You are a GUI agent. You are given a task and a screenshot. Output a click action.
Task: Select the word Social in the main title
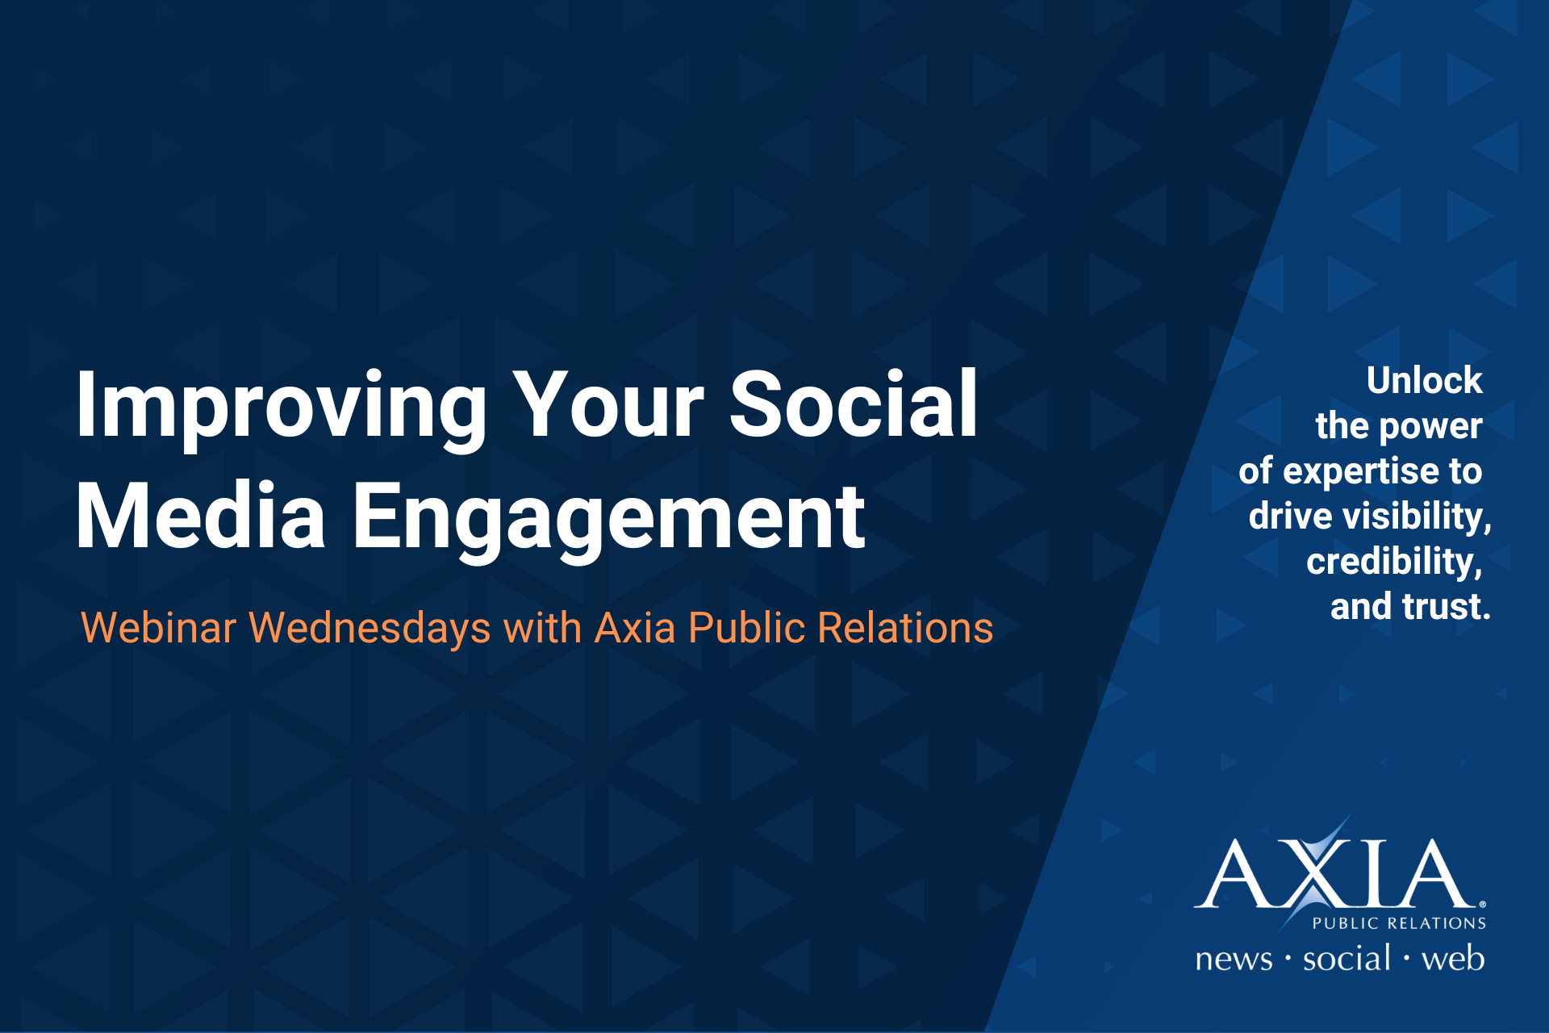pos(854,403)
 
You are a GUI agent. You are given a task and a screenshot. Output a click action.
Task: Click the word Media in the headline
pos(201,516)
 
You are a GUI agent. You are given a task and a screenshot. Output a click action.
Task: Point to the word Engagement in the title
pos(609,521)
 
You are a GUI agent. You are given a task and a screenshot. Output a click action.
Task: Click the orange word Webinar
pos(159,628)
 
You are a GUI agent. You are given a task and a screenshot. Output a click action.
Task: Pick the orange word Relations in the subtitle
pos(905,628)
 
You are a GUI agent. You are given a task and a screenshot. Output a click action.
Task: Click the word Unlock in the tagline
pos(1425,380)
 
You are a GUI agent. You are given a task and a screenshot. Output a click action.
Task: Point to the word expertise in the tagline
pos(1361,472)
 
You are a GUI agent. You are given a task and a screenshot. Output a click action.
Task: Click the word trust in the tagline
pos(1447,607)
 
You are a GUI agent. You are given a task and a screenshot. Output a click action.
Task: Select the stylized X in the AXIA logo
pos(1317,872)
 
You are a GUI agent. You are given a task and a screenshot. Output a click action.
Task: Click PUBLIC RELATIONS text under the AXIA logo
pos(1399,923)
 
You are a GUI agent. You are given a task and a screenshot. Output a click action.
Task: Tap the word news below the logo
pos(1234,960)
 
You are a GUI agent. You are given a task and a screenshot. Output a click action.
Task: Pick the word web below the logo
pos(1453,958)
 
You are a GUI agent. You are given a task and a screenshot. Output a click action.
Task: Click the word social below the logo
pos(1347,958)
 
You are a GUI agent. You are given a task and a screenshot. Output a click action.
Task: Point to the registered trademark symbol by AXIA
pos(1482,905)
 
